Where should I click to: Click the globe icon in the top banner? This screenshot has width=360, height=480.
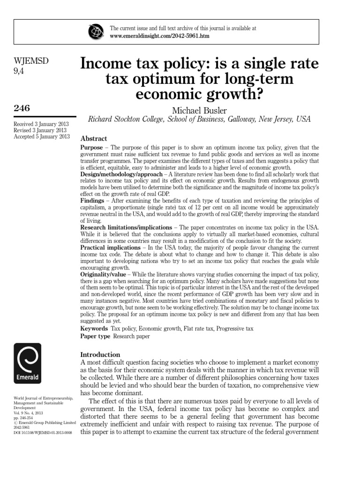click(96, 32)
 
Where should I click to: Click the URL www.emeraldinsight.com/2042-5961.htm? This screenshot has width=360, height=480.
click(159, 36)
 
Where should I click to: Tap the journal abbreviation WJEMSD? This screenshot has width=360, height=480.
click(31, 61)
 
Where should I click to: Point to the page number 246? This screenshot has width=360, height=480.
click(22, 108)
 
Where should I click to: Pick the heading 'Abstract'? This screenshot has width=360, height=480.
click(94, 139)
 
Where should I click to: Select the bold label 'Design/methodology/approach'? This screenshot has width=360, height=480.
click(121, 175)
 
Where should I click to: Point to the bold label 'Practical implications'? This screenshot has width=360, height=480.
click(110, 247)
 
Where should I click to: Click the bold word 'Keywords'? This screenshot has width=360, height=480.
click(94, 329)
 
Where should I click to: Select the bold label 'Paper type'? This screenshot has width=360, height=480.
click(96, 337)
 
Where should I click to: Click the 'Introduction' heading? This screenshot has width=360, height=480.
click(100, 354)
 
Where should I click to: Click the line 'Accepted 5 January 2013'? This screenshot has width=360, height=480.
click(42, 136)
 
